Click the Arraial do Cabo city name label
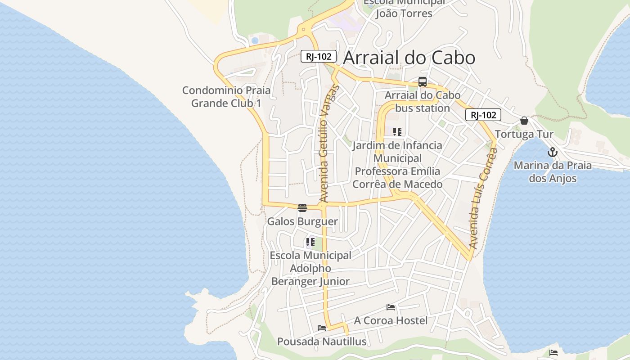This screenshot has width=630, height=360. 409,58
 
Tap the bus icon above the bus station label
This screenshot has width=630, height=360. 422,82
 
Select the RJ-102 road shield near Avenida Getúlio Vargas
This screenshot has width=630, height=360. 319,56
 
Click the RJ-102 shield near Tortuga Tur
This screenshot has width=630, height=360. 483,115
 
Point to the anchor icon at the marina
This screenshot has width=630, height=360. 553,152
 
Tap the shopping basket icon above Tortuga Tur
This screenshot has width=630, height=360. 524,121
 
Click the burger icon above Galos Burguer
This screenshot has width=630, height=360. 302,208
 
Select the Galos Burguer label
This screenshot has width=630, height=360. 302,221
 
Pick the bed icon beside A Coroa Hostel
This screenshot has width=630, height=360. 391,307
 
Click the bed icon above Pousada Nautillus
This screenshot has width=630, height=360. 322,328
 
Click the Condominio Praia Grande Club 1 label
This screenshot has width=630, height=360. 226,97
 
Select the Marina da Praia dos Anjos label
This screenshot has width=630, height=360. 553,172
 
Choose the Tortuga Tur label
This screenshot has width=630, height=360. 524,134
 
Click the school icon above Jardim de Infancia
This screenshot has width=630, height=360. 397,132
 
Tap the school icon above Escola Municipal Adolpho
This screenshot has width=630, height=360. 310,242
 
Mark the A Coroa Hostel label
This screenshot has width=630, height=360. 391,320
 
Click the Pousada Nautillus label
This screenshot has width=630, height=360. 322,342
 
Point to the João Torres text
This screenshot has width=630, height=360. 404,13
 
